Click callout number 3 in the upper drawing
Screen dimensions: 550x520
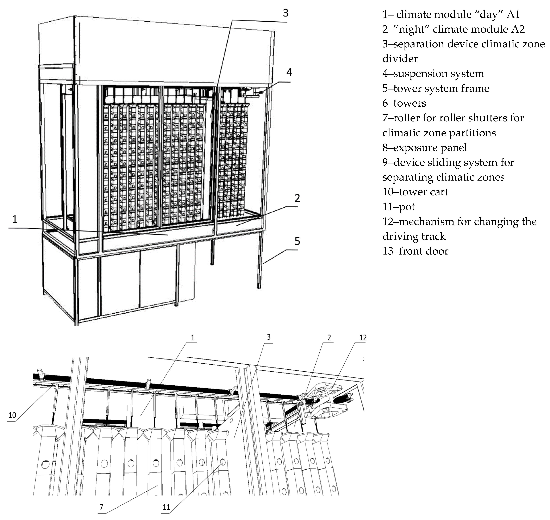point(285,13)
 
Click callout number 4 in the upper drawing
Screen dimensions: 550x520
point(289,73)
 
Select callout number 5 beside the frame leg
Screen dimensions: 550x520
point(297,241)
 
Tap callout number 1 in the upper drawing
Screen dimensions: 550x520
point(15,219)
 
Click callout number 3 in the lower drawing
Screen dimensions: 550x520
point(268,337)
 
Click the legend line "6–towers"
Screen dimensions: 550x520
point(404,103)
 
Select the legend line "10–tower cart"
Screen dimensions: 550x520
point(415,192)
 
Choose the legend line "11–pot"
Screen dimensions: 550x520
point(399,207)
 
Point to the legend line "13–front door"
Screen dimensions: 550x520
point(415,251)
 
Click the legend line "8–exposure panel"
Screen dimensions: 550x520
point(425,148)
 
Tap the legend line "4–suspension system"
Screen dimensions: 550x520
point(433,73)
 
